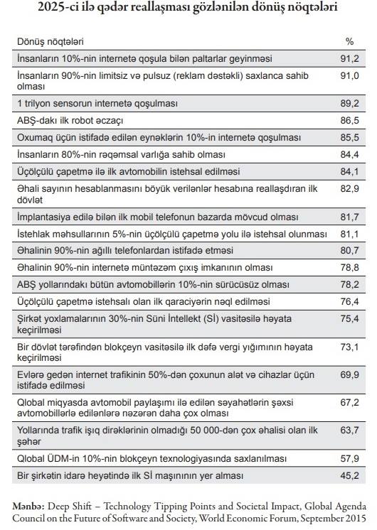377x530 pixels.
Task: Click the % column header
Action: pyautogui.click(x=349, y=42)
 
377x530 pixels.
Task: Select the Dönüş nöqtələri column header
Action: pyautogui.click(x=50, y=42)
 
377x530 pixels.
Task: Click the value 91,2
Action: pyautogui.click(x=349, y=59)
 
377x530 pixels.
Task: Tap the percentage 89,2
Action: pyautogui.click(x=349, y=104)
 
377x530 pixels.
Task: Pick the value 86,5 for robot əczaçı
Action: pyautogui.click(x=349, y=121)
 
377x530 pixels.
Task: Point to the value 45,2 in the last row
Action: pyautogui.click(x=349, y=475)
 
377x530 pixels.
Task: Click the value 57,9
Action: pyautogui.click(x=349, y=459)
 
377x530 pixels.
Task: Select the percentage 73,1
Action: pyautogui.click(x=349, y=347)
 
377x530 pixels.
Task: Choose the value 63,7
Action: pyautogui.click(x=349, y=431)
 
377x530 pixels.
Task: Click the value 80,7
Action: pyautogui.click(x=349, y=251)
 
